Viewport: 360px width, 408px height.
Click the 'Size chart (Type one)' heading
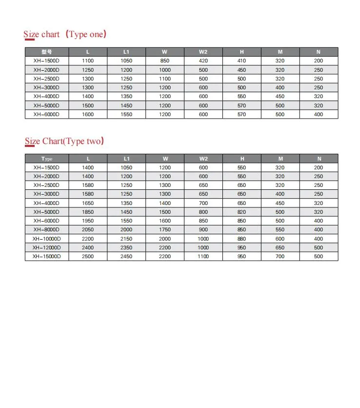coord(65,34)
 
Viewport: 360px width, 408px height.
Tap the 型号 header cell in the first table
coord(46,52)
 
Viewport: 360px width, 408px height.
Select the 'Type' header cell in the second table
coord(46,159)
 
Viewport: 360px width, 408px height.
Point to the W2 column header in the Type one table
coord(203,52)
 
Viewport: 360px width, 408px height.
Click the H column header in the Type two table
coord(242,159)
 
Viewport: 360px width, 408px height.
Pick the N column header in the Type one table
coord(319,52)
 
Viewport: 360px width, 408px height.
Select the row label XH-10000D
coord(46,239)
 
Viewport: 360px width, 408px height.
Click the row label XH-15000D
coord(46,256)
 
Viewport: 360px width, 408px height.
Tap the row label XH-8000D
coord(46,229)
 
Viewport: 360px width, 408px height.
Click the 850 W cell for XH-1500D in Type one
coord(165,61)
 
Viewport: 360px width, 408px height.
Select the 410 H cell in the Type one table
coord(242,61)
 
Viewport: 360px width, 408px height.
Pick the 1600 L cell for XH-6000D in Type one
coord(88,114)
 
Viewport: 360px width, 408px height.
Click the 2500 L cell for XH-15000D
coord(88,256)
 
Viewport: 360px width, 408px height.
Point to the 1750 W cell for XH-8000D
coord(165,229)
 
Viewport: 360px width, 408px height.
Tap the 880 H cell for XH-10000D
coord(242,239)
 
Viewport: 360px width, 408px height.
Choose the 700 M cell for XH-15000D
coord(280,256)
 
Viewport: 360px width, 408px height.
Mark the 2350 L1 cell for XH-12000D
coord(126,247)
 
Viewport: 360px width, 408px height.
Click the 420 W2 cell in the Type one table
coord(203,61)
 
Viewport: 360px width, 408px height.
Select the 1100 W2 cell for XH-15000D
coord(203,256)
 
